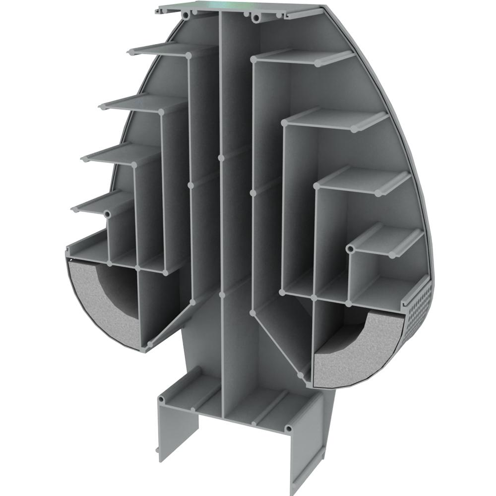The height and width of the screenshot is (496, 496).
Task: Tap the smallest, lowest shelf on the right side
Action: [387, 241]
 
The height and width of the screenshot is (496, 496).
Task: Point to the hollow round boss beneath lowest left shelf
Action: [107, 214]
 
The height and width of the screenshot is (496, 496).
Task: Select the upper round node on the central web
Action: [221, 158]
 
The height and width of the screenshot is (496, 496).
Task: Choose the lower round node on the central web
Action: [221, 295]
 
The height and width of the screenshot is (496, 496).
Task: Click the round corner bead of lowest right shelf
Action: [351, 248]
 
